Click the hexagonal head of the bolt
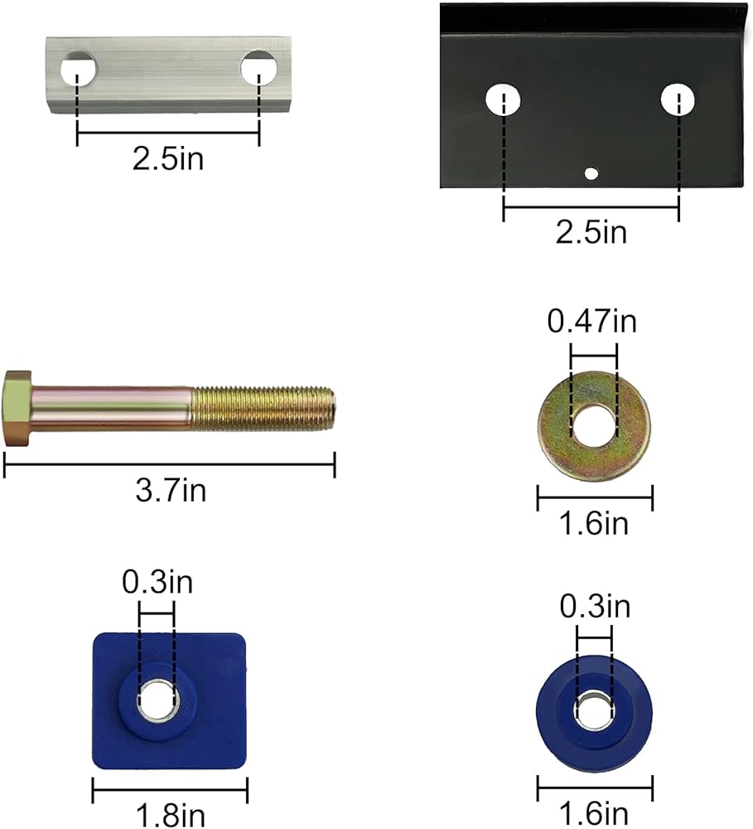pos(17,408)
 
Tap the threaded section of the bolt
pos(263,409)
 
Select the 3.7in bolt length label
pos(170,491)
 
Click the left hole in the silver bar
pos(78,70)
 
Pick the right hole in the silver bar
pos(259,69)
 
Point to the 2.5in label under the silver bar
pos(167,158)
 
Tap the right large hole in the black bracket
pos(678,99)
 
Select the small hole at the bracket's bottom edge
pos(591,173)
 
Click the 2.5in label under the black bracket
pos(591,232)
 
